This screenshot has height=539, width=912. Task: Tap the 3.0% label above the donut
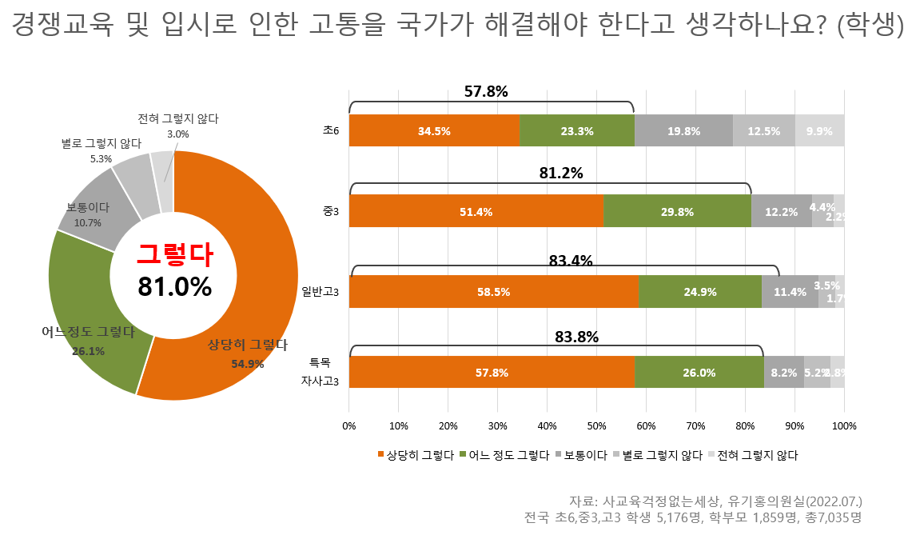(177, 134)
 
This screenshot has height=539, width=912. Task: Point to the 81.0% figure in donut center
(174, 286)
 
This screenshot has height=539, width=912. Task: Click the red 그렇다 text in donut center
(174, 254)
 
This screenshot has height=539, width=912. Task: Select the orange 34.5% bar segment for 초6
(434, 131)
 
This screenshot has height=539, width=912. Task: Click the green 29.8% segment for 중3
(677, 212)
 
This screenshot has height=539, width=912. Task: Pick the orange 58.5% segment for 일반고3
(493, 292)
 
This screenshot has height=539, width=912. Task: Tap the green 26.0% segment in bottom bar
(699, 373)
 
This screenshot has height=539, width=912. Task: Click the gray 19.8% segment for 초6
(683, 131)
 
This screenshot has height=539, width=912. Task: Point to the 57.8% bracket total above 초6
(486, 91)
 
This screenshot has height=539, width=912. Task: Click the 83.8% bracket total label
(577, 337)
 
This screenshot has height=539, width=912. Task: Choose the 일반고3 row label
(321, 293)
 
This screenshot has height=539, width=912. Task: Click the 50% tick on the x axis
(596, 425)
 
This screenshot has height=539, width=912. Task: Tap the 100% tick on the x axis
(844, 425)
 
